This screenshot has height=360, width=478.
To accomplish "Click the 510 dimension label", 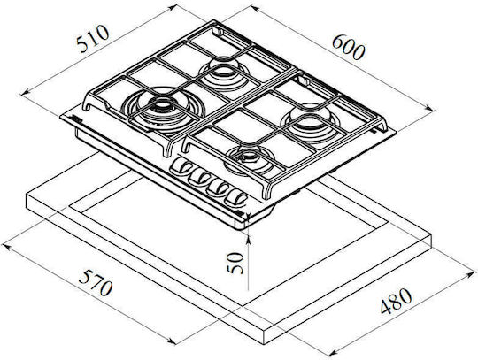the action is (x=92, y=39).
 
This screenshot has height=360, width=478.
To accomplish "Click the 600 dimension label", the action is (x=348, y=47).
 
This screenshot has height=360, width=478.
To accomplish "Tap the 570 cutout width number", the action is (x=96, y=282).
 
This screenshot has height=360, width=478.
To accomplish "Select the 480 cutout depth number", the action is (x=397, y=301).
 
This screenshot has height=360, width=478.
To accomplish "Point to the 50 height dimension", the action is (x=235, y=263).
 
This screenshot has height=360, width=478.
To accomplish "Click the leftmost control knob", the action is (x=181, y=166).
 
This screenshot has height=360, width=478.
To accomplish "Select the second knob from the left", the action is (x=199, y=177).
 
